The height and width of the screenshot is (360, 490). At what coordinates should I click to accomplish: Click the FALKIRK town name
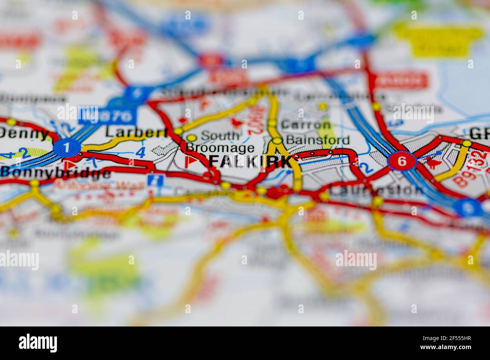[x=250, y=162]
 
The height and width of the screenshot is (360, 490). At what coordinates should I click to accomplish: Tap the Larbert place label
[x=136, y=132]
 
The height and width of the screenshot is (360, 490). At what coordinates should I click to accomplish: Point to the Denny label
[x=24, y=133]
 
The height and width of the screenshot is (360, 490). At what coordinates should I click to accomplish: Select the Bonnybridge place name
[x=56, y=172]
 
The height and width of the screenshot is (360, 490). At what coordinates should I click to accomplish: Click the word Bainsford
[x=317, y=140]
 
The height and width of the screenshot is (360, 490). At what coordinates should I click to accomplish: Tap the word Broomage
[x=220, y=148]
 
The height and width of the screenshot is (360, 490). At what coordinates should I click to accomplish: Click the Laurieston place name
[x=375, y=190]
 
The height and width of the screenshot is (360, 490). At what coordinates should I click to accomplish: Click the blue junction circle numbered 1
[x=67, y=148]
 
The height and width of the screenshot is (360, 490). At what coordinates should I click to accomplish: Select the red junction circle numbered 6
[x=402, y=162]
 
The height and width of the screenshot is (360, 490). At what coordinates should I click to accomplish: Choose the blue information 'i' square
[x=153, y=180]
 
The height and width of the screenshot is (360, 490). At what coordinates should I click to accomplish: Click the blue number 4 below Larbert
[x=140, y=152]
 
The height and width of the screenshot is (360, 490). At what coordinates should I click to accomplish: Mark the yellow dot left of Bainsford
[x=277, y=141]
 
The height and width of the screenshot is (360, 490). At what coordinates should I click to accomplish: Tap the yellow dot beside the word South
[x=191, y=138]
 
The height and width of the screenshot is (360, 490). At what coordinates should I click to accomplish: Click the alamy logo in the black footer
[x=38, y=343]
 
